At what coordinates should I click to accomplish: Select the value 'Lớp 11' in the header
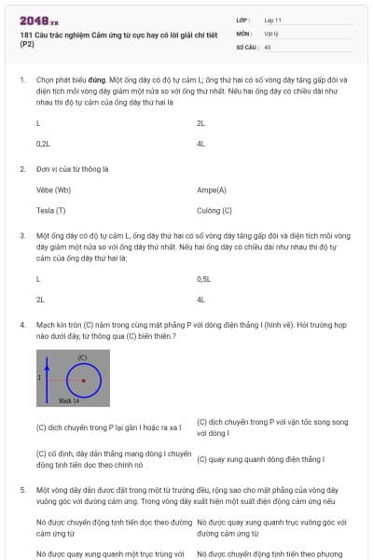pos(274,19)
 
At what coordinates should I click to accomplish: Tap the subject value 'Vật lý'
pos(272,32)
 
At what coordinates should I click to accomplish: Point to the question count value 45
pos(269,46)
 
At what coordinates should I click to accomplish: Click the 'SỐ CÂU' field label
pos(246,46)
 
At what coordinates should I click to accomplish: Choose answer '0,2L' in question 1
pos(43,144)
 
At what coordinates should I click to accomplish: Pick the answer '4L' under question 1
pos(201,144)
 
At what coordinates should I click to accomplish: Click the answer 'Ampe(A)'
pos(212,189)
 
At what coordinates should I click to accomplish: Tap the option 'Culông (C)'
pos(214,210)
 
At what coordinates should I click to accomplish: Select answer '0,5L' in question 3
pos(205,279)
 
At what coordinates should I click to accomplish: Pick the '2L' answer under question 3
pos(40,300)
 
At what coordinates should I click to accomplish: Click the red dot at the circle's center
pos(84,380)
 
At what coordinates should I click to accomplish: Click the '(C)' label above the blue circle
pos(82,357)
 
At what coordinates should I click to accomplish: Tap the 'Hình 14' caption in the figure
pos(69,399)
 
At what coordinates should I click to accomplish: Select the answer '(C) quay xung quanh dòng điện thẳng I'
pos(260,459)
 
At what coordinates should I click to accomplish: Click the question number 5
pos(21,489)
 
